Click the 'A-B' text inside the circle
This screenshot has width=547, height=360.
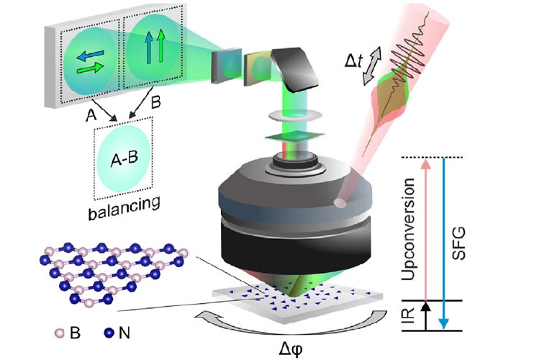coord(125,160)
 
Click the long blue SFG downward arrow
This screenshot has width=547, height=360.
coord(445,245)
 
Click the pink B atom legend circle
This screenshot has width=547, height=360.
coord(58,333)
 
